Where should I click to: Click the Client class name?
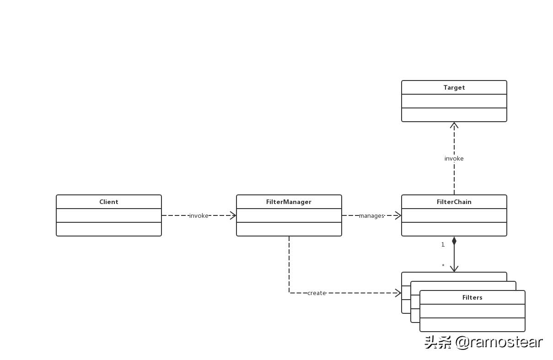109,202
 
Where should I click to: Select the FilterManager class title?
289,202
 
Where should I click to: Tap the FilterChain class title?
454,202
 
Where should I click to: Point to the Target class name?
454,87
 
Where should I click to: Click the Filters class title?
472,297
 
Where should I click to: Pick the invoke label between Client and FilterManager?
199,215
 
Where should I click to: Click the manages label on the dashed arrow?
371,215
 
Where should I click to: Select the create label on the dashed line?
317,293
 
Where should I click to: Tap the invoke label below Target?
454,158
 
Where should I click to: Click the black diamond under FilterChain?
454,241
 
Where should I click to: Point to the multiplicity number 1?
443,245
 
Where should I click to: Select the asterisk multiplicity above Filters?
443,266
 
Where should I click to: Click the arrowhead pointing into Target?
454,124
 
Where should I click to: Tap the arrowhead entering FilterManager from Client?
233,215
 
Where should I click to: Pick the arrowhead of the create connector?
398,293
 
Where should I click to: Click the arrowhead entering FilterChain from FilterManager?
398,215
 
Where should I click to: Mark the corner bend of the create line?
289,293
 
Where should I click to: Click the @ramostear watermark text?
499,342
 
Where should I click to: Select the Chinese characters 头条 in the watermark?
438,342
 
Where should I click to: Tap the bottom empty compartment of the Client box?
109,229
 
